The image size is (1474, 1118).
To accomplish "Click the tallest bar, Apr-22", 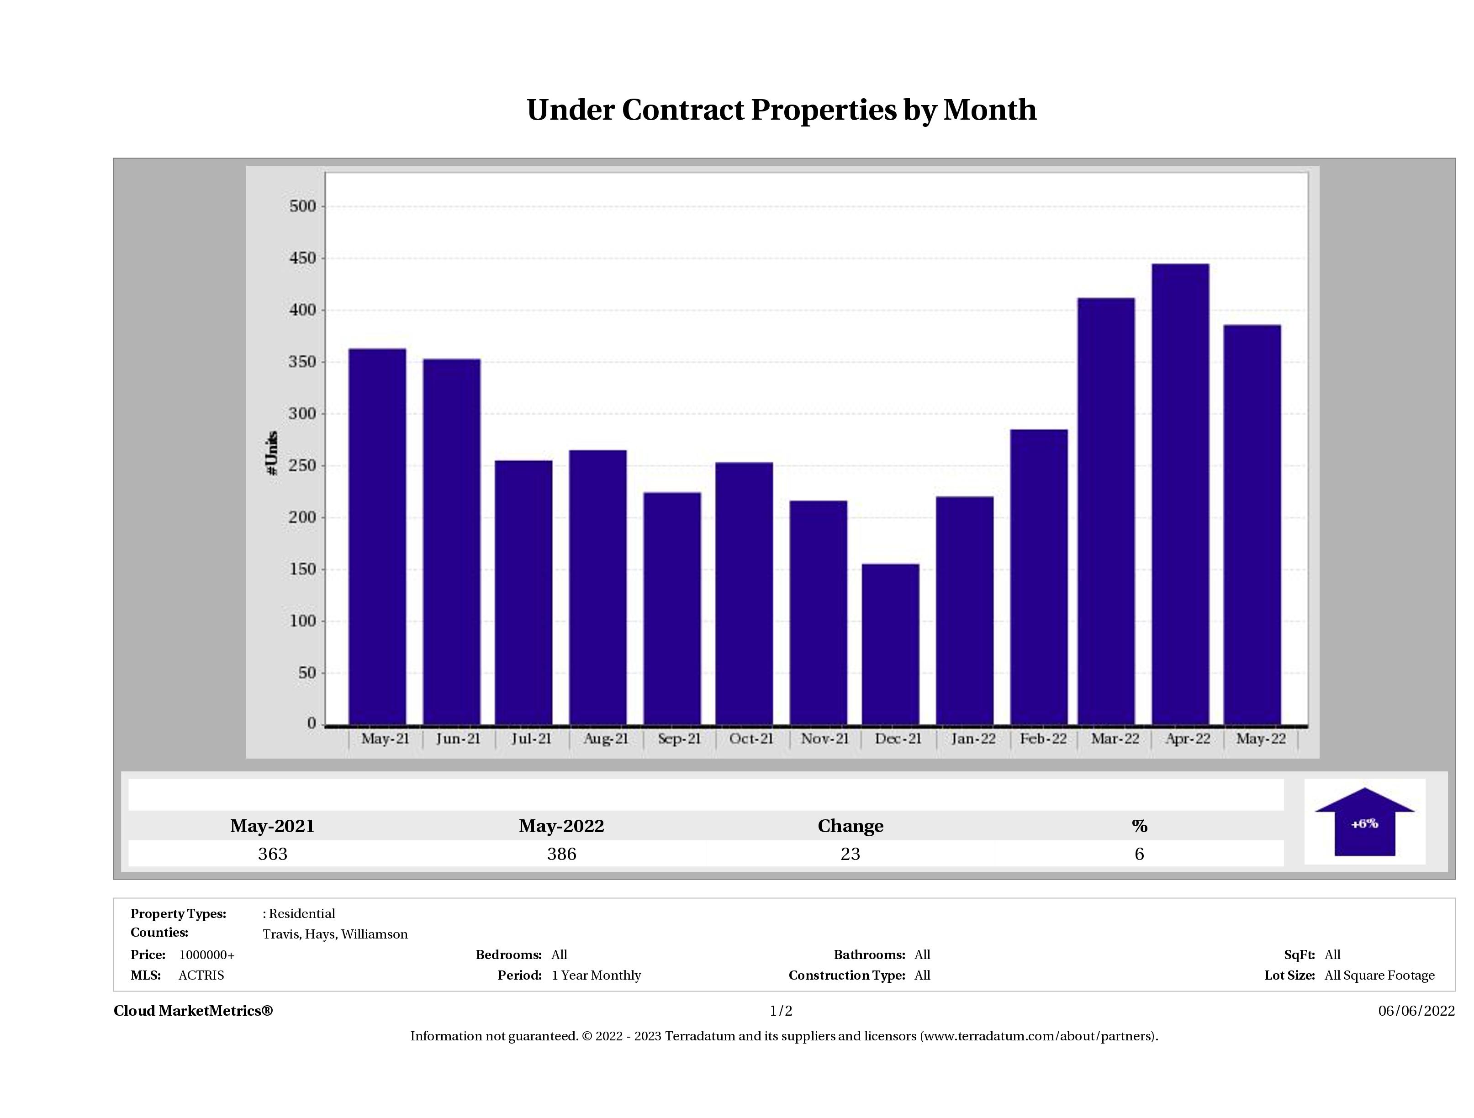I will coord(1180,494).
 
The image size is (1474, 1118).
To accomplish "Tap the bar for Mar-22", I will coord(1106,511).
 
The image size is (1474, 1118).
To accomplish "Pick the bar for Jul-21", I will coord(524,592).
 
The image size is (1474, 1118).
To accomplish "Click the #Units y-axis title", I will coord(272,453).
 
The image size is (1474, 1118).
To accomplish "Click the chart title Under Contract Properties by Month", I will coord(781,110).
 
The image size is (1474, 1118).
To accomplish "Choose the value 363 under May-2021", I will coord(273,854).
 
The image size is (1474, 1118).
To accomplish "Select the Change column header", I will coord(851,826).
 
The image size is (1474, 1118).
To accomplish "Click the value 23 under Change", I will coord(851,854).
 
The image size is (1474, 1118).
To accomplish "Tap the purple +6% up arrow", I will coord(1364,823).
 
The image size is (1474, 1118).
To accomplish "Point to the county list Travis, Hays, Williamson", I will coord(335,934).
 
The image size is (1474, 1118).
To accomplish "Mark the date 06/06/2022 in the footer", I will coord(1416,1011).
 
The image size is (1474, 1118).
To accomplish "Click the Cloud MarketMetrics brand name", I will coord(193,1011).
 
